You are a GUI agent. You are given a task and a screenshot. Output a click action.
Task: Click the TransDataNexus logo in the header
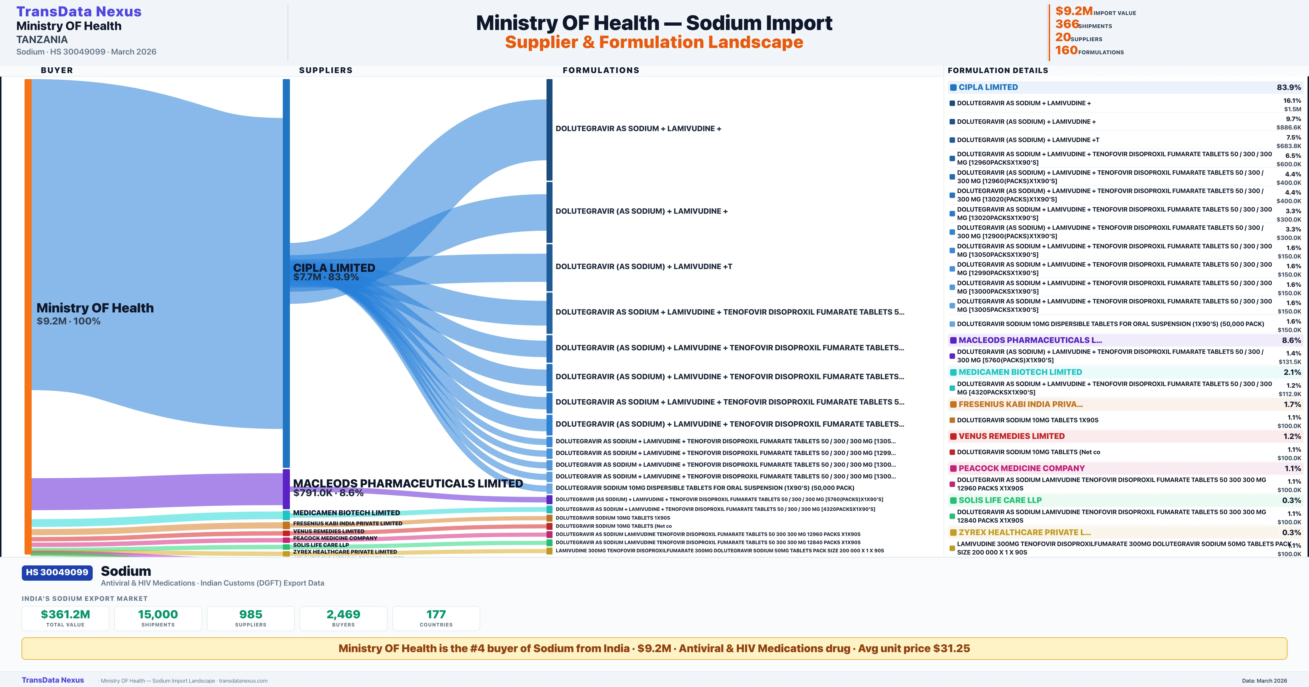pos(79,12)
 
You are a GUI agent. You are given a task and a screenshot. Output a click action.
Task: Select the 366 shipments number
pos(1067,24)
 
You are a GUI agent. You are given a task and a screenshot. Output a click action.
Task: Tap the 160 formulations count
pos(1066,50)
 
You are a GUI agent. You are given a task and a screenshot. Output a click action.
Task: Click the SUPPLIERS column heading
pos(326,70)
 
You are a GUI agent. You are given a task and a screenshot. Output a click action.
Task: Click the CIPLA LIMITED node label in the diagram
pos(334,268)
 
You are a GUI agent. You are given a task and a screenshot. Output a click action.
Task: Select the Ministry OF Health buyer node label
pos(95,308)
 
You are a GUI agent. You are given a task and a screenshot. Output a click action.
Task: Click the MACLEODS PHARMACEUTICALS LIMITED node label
pos(407,483)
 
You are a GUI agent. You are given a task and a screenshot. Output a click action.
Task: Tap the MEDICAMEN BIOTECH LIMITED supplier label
pos(346,513)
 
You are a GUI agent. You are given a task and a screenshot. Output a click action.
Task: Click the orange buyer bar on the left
pos(28,315)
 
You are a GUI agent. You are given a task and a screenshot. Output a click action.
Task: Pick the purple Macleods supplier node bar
pos(286,489)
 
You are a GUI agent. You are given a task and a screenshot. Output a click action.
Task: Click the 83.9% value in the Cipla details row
pos(1289,88)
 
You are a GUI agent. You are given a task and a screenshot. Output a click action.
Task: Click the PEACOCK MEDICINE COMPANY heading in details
pos(1021,468)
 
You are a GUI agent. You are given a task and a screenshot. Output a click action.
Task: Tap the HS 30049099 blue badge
pos(57,572)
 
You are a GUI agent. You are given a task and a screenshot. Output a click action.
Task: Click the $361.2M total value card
pos(65,618)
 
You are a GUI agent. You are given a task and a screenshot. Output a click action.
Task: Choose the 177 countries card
pos(436,618)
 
